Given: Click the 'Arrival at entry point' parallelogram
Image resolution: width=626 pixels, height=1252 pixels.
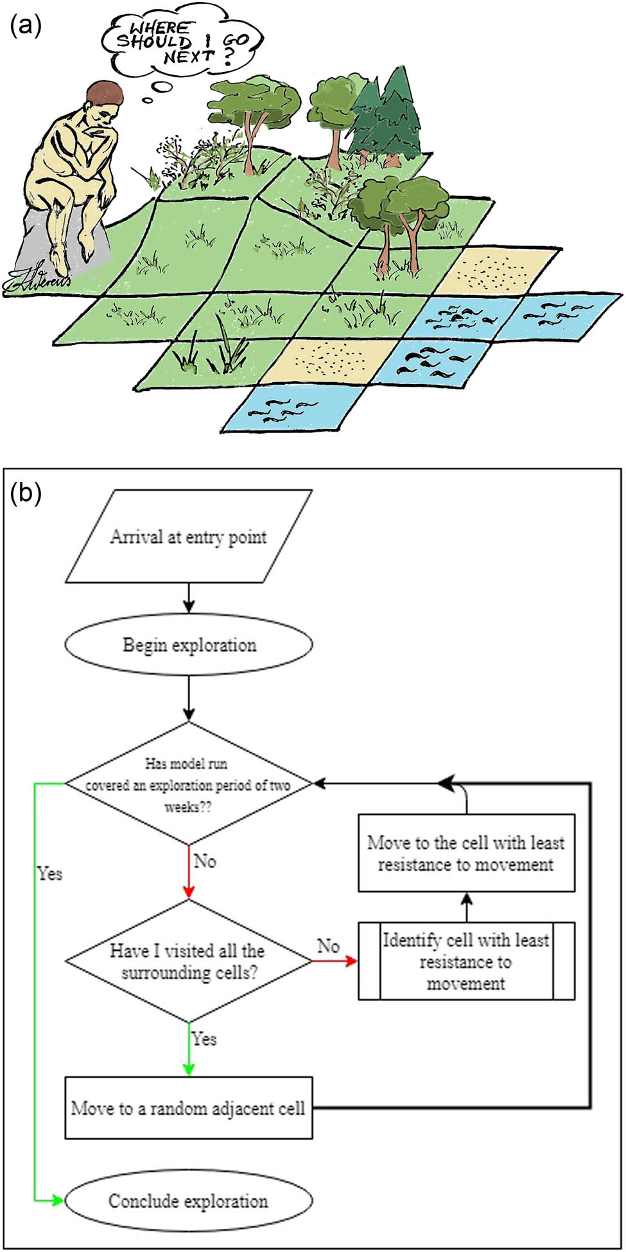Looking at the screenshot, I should pyautogui.click(x=188, y=536).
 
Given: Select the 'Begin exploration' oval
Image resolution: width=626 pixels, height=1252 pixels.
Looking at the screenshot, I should pyautogui.click(x=189, y=644).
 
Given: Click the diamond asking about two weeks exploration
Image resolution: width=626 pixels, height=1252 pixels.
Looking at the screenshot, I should pyautogui.click(x=188, y=784).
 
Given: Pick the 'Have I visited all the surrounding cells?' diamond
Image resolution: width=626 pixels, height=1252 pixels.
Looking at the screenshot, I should pyautogui.click(x=188, y=961).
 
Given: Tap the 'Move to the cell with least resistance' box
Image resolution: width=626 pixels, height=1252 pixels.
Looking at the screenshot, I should pyautogui.click(x=466, y=853).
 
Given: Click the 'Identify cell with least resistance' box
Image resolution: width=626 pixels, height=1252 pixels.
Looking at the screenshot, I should pyautogui.click(x=466, y=962).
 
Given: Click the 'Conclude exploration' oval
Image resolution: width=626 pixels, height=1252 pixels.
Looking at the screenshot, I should pyautogui.click(x=189, y=1201).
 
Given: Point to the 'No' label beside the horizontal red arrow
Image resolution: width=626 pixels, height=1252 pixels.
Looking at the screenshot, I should pyautogui.click(x=328, y=946).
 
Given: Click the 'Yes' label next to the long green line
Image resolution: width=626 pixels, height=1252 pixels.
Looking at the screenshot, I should pyautogui.click(x=49, y=874).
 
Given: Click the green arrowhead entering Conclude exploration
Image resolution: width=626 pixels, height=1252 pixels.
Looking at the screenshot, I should pyautogui.click(x=58, y=1200).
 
